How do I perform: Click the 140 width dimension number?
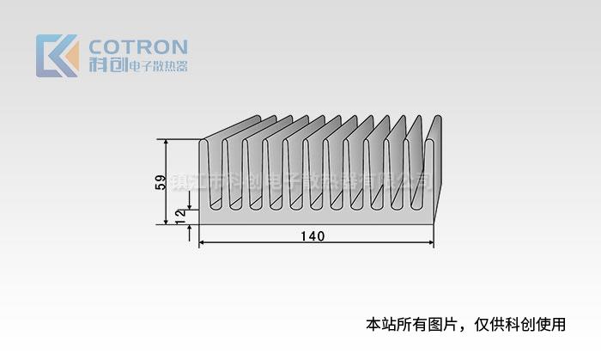(313, 236)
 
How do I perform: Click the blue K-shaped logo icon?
(53, 56)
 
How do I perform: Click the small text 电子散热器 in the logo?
(157, 67)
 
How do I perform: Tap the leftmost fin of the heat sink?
(205, 172)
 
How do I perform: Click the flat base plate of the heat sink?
(318, 217)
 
